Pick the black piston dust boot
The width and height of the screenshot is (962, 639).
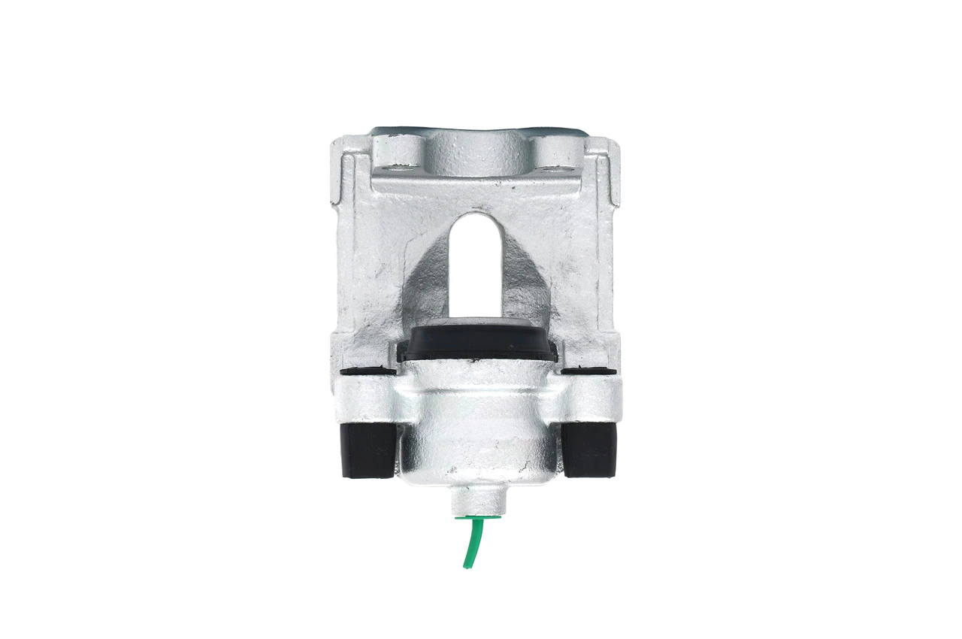click(479, 342)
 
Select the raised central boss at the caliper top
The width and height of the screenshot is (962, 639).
click(478, 154)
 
